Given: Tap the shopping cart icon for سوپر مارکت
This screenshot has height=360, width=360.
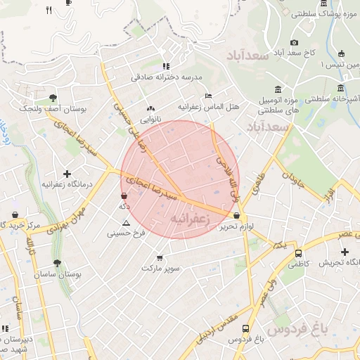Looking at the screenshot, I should tap(160, 258).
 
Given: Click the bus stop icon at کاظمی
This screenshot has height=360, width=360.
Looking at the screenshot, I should tap(299, 253).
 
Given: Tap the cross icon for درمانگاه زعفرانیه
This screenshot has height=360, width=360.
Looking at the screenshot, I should tap(67, 174).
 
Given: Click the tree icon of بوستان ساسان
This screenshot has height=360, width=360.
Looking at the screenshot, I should tap(58, 263).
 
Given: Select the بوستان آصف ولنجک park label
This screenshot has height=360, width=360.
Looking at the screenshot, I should tap(52, 109).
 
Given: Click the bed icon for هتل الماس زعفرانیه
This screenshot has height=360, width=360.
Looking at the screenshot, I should tap(207, 96).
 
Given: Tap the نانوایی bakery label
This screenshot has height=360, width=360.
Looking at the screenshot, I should tap(149, 120).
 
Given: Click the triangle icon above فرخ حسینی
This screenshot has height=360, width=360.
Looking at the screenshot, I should tap(127, 222).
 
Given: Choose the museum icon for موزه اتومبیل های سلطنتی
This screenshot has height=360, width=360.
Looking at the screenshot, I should tap(278, 89).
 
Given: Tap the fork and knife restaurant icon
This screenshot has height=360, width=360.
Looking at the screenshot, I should tap(49, 10).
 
